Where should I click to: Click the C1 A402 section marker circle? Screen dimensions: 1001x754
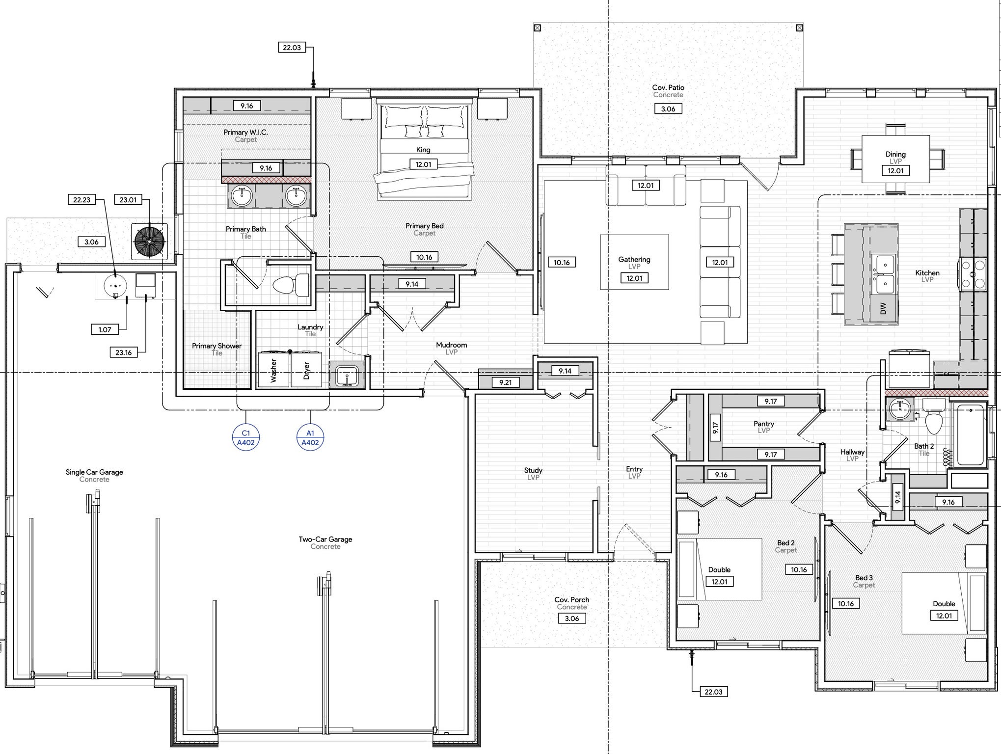coord(245,437)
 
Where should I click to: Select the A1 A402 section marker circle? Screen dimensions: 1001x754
coord(310,437)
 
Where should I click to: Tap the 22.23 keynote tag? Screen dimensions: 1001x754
coord(81,200)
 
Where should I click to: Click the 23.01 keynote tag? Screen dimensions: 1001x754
coord(128,200)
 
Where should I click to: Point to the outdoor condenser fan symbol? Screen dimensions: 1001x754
coord(149,241)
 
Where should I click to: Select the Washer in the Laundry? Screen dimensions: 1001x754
coord(273,369)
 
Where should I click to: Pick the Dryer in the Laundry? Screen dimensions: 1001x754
coord(306,369)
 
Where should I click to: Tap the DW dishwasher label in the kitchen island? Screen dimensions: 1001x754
coord(883,308)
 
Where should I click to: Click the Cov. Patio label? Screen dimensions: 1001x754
coord(668,87)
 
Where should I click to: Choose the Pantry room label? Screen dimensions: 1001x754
coord(764,424)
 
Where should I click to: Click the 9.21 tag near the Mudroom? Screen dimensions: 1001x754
coord(505,382)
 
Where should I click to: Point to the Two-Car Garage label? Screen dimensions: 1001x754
coord(325,539)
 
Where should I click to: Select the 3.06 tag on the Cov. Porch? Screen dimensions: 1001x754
coord(572,619)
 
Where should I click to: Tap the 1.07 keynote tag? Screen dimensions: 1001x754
coord(105,329)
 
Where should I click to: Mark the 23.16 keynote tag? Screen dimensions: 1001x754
coord(123,352)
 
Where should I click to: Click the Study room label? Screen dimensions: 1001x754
coord(533,470)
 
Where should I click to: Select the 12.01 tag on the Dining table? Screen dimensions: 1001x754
coord(895,171)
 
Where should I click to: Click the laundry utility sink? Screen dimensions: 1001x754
coord(347,376)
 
